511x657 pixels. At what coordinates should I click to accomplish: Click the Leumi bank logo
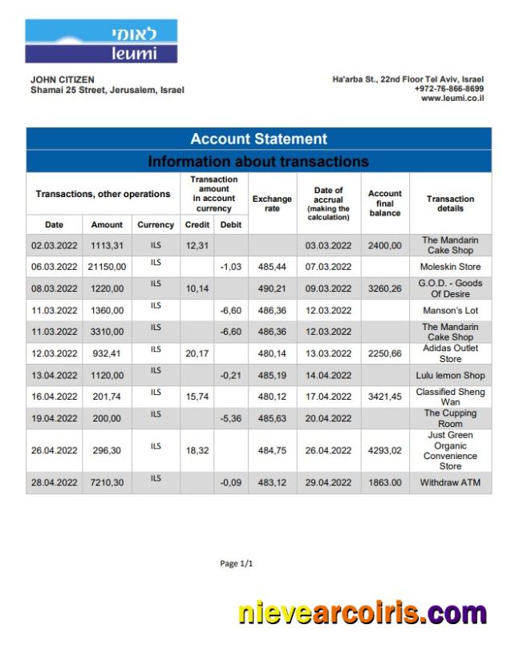tap(101, 42)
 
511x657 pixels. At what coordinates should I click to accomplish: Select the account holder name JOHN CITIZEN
tap(63, 80)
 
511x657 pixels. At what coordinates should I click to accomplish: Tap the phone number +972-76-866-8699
tap(448, 89)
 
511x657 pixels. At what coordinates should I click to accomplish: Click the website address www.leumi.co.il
tap(452, 99)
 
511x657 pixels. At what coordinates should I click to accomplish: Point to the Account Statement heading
tap(258, 139)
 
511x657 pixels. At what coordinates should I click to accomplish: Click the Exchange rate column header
tap(272, 204)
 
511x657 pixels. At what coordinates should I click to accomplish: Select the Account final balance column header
tap(384, 204)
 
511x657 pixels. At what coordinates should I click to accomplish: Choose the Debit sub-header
tap(230, 225)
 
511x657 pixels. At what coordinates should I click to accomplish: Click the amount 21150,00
tap(107, 267)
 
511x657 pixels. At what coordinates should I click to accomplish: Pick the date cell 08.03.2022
tap(54, 288)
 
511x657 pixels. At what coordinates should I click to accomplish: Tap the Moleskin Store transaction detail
tap(450, 267)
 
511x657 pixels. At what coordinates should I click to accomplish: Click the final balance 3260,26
tap(384, 288)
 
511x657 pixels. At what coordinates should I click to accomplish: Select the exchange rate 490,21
tap(272, 288)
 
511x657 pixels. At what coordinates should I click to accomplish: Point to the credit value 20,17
tap(197, 353)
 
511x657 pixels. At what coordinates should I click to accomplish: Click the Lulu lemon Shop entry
tap(450, 375)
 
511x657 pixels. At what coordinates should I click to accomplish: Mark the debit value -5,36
tap(230, 418)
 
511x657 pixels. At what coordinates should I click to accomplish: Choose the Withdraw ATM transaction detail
tap(450, 483)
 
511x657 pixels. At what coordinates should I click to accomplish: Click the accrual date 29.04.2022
tap(329, 483)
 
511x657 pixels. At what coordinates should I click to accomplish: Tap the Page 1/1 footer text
tap(237, 564)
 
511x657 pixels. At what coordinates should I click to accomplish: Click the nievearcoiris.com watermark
tap(363, 614)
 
